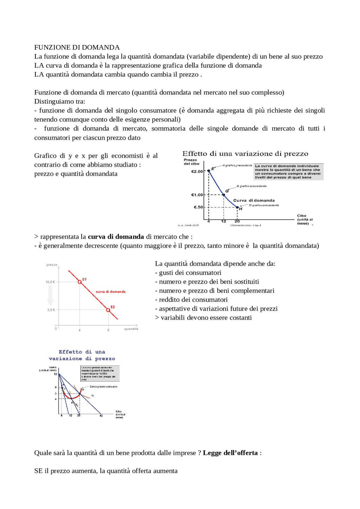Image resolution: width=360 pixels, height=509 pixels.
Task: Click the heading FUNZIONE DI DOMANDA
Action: pos(77,47)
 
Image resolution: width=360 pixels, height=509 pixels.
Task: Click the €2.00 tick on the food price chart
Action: pos(197,171)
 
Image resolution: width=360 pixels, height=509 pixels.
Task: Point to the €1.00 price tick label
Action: pos(197,195)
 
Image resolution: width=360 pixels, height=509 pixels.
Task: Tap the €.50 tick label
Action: pos(198,207)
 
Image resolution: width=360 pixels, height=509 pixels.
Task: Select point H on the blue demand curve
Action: pos(237,207)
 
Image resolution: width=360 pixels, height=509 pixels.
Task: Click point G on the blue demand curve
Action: pos(224,194)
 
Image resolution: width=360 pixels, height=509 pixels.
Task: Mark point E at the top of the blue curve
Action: pos(209,171)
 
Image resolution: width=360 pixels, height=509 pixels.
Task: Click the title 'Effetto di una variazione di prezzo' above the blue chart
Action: pos(245,154)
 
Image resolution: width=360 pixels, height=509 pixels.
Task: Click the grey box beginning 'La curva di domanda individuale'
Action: pos(288,171)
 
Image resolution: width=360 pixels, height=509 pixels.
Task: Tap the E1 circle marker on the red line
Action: pos(80,282)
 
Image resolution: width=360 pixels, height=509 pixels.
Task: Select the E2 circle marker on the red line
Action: pos(108,310)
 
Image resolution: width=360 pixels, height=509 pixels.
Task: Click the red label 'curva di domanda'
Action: pos(111,292)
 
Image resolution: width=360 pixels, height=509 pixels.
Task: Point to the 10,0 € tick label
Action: pos(50,282)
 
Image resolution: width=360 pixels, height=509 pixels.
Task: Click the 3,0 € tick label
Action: pos(51,310)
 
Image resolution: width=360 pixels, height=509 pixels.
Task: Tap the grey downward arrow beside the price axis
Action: pos(51,295)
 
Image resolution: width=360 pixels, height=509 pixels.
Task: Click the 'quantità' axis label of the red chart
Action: pos(131,329)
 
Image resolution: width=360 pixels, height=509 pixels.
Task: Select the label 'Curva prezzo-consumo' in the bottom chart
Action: pos(103,386)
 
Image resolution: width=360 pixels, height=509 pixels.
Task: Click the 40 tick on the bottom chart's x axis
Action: pos(101,415)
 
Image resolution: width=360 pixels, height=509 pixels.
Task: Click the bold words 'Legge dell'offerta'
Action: pos(230,453)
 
